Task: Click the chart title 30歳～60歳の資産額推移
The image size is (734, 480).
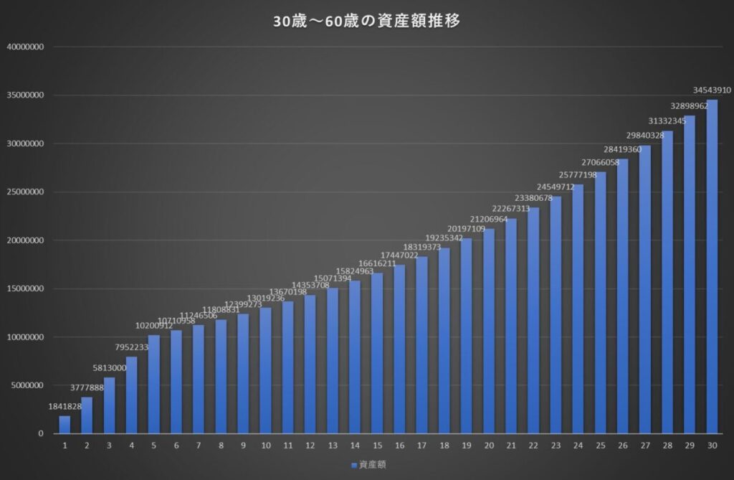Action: tap(366, 22)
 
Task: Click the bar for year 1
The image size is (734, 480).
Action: tap(65, 425)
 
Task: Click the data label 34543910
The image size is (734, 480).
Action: tap(712, 91)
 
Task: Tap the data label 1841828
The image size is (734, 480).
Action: tap(65, 407)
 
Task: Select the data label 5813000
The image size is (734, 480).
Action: tap(109, 368)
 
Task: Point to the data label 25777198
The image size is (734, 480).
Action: tap(577, 176)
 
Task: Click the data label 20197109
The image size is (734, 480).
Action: tap(466, 229)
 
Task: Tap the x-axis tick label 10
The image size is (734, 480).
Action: tap(265, 446)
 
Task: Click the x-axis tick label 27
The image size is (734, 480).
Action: tap(644, 446)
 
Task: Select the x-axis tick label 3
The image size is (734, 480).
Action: tap(109, 446)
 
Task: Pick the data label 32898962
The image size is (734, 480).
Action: tap(689, 106)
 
